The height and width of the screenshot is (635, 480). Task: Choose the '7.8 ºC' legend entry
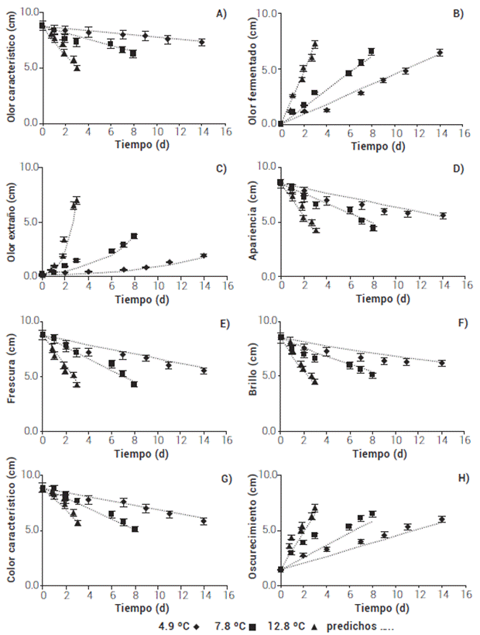pos(235,625)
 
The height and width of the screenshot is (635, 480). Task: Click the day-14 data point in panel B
pos(440,53)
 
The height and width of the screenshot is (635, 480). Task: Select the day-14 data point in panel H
pos(441,519)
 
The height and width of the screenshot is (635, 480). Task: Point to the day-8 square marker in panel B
pos(372,51)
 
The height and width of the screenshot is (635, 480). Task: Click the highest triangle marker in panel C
pos(76,201)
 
